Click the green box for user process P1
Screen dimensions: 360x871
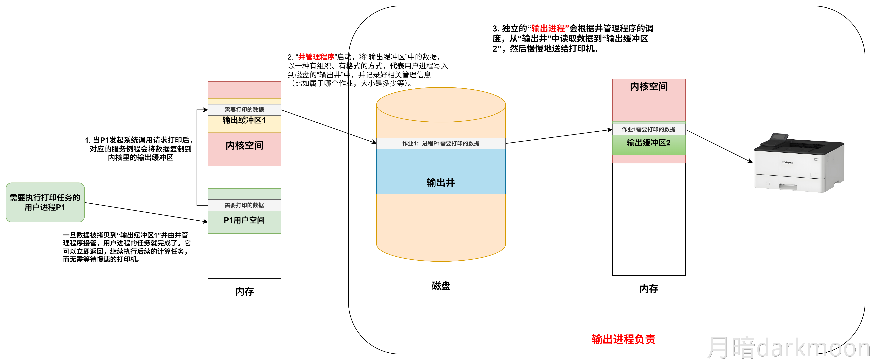point(45,202)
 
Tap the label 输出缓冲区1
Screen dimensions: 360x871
point(244,120)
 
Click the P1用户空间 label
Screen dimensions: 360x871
point(244,220)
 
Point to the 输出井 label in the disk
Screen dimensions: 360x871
point(441,183)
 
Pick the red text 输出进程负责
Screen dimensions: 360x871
point(623,339)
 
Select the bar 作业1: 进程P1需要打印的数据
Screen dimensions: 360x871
point(441,143)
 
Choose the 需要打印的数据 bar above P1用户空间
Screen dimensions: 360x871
point(244,205)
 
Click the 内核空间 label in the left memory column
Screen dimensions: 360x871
point(244,145)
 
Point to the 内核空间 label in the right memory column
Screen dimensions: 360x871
point(648,86)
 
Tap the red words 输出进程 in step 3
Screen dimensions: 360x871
point(548,28)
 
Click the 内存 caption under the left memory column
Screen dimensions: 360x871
point(244,291)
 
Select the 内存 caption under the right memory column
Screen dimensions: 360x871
point(648,289)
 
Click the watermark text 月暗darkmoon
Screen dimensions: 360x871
point(788,348)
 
